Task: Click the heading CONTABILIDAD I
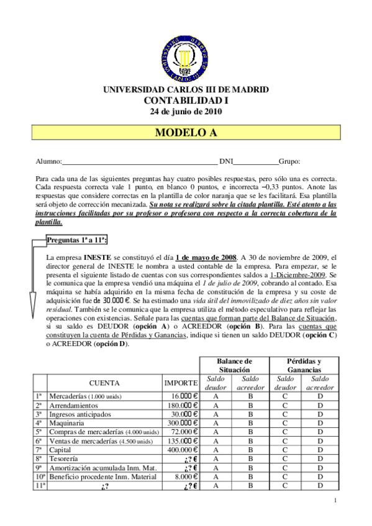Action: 186,100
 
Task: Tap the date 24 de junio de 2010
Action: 186,112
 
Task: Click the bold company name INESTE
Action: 97,257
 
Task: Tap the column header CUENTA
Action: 104,383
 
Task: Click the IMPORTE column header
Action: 181,383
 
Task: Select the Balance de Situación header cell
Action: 234,365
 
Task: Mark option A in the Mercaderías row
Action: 215,396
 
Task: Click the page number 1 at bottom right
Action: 335,500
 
